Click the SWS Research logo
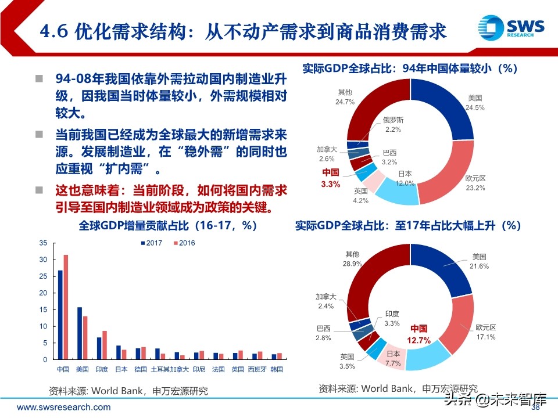coord(510,28)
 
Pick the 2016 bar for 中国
coord(66,307)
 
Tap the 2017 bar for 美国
coord(80,333)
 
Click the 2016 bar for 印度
coord(105,345)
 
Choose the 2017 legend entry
coord(151,243)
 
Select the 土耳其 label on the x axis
coord(160,369)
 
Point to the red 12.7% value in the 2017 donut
coord(419,334)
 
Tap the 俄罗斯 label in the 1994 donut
coord(393,120)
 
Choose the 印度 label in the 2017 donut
coord(392,313)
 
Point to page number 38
coord(536,407)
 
